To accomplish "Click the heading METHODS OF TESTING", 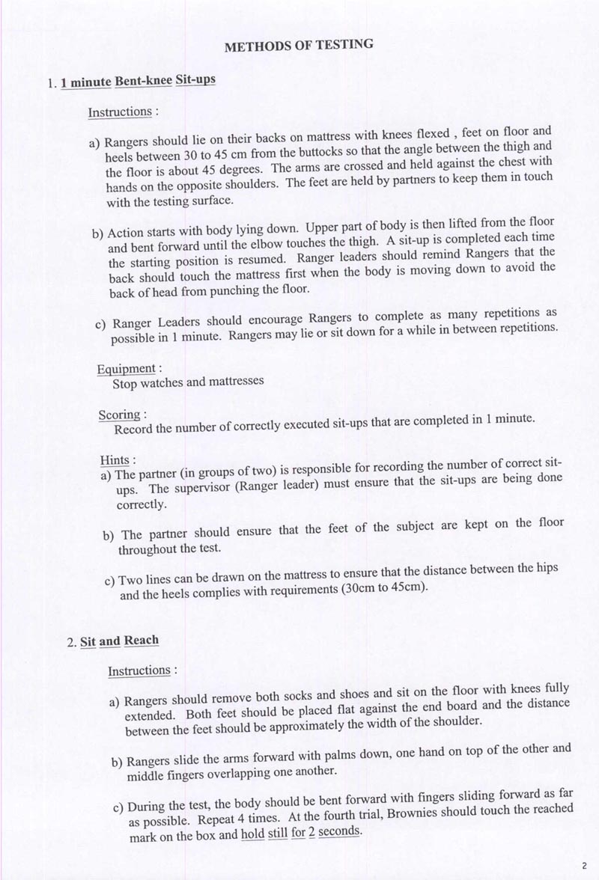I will [299, 46].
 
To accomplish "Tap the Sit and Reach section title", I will [119, 641].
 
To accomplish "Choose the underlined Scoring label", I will [120, 415].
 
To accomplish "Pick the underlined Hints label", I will [115, 459].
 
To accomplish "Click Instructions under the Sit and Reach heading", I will [139, 670].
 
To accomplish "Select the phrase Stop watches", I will [148, 383].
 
